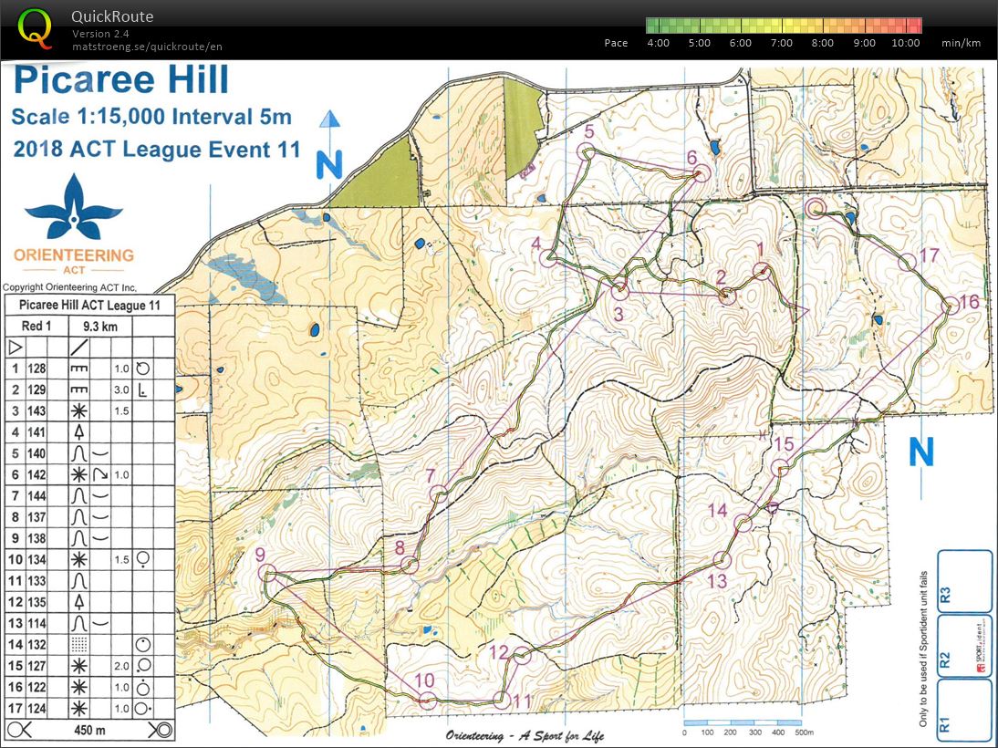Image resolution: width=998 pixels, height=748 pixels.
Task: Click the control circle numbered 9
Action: tap(267, 573)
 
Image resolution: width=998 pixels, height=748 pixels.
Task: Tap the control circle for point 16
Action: tap(950, 306)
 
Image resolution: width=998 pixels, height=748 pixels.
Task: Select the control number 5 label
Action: tap(588, 132)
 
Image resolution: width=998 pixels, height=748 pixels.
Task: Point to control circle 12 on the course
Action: tap(522, 655)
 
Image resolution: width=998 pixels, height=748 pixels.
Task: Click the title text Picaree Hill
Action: tap(121, 81)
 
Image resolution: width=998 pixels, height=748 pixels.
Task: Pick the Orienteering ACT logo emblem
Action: tap(73, 206)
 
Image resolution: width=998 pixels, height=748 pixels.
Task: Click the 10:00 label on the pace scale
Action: tap(906, 43)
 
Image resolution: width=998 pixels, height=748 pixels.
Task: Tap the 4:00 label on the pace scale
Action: tap(658, 43)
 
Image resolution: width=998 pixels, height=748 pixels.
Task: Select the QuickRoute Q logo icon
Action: tap(36, 27)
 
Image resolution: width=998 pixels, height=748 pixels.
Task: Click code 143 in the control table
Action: tap(37, 410)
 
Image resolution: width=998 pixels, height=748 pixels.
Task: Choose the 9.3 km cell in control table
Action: tap(98, 326)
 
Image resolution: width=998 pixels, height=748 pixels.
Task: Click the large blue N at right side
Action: tap(921, 452)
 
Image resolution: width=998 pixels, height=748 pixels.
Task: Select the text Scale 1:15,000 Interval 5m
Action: tap(151, 117)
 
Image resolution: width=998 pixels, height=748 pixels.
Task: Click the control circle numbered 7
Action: tap(440, 494)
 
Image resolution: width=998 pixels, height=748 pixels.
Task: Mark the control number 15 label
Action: tap(784, 444)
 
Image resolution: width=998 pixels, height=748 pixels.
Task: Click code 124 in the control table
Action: tap(37, 707)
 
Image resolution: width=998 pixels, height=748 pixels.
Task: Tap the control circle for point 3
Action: tap(620, 292)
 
